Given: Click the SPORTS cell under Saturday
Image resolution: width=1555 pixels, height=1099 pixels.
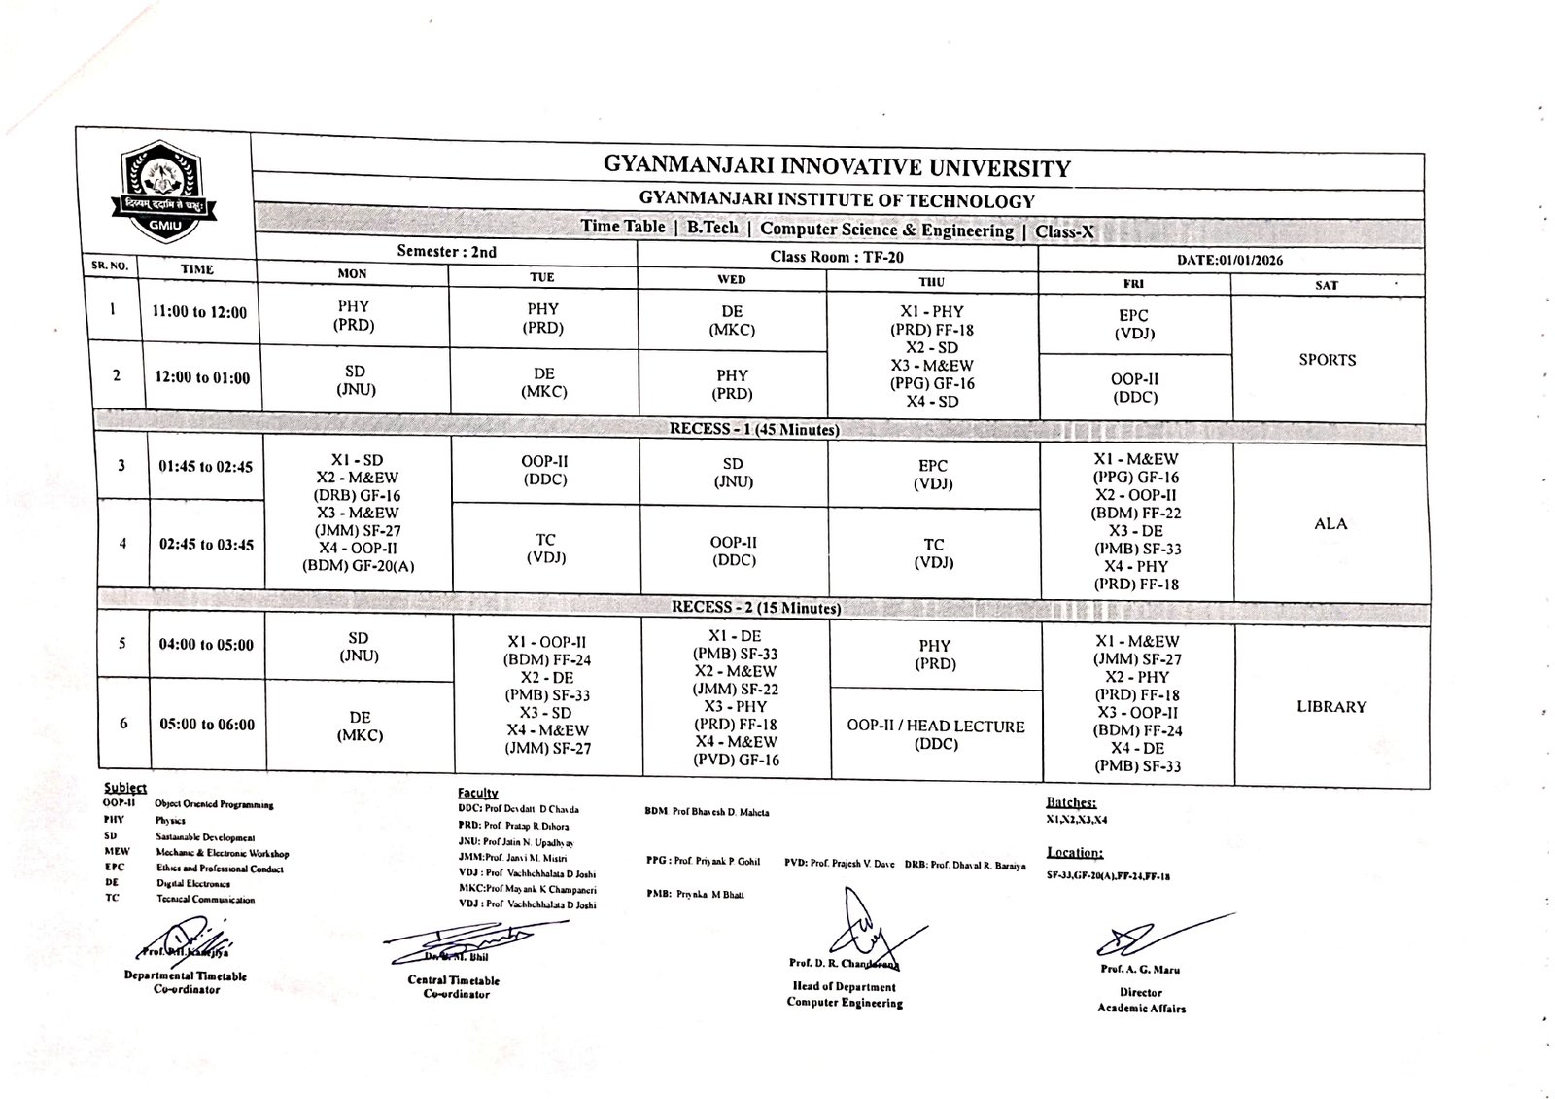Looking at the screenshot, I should tap(1327, 360).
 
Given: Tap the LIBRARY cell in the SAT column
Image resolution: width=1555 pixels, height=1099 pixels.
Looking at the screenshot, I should tap(1330, 707).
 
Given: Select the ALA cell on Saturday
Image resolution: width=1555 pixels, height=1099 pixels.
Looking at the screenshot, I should tap(1330, 524).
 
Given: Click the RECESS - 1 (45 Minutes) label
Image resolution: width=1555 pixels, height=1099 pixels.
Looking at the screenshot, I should tap(754, 429).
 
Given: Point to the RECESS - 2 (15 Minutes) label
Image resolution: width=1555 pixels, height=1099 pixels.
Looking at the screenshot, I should tap(756, 608).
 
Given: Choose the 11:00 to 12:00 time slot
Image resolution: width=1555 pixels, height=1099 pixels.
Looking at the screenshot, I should tap(199, 313).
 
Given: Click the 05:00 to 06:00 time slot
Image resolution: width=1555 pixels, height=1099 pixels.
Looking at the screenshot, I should tap(207, 725).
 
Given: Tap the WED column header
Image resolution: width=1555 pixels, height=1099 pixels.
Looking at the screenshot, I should tap(731, 280).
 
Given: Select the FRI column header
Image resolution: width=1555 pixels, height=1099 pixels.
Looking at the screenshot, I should tap(1133, 284).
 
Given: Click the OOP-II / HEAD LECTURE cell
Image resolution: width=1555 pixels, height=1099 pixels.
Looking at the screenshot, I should tap(935, 735).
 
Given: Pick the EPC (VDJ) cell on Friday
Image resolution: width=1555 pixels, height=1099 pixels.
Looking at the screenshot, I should tap(1133, 325).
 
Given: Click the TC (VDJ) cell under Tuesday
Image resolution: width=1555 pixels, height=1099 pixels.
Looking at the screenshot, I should tap(545, 549).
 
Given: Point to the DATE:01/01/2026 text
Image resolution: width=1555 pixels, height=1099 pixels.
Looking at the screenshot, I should tap(1229, 261).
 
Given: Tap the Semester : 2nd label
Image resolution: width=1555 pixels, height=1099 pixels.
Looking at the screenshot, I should tap(446, 252).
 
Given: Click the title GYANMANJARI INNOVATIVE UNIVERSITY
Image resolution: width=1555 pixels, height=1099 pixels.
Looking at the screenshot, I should tap(836, 167).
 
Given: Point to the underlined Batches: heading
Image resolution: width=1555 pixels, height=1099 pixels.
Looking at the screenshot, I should tap(1071, 803).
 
